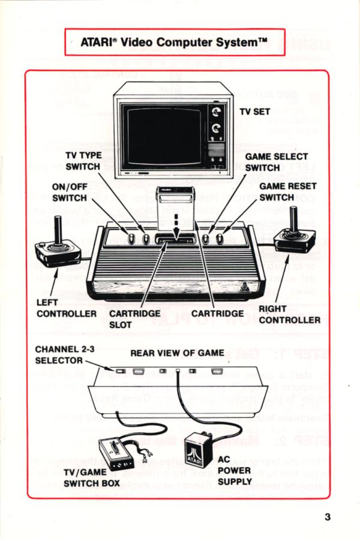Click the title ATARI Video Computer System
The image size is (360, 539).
pyautogui.click(x=173, y=42)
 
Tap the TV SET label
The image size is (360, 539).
pyautogui.click(x=255, y=112)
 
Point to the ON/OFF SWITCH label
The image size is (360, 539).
pyautogui.click(x=70, y=192)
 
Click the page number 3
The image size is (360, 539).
pyautogui.click(x=328, y=517)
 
